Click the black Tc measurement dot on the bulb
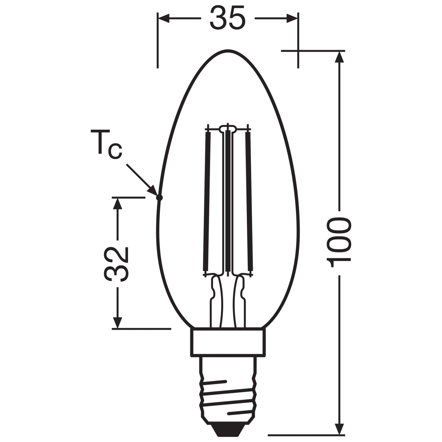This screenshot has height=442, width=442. pyautogui.click(x=159, y=198)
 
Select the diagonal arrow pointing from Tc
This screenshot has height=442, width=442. pyautogui.click(x=141, y=179)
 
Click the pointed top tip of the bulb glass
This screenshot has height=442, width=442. pyautogui.click(x=227, y=50)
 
